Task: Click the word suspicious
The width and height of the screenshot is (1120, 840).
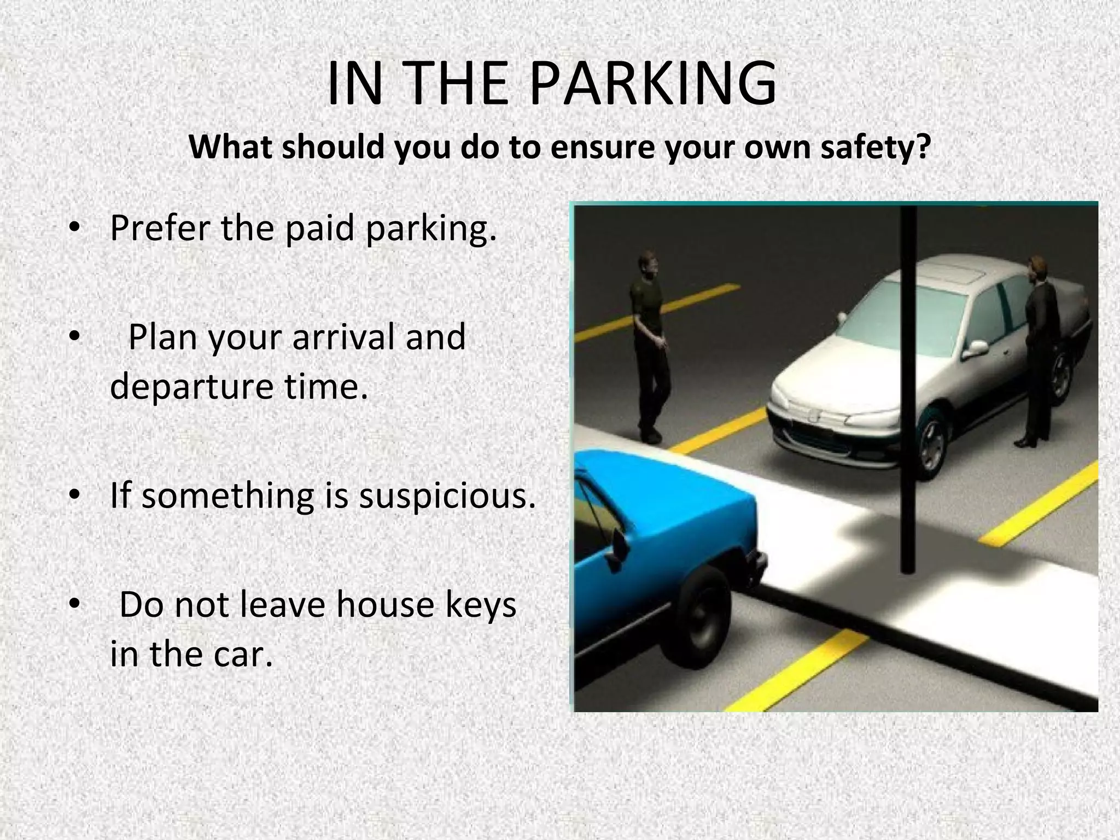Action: [447, 495]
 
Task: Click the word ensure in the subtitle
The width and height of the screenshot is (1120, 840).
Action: [602, 148]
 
